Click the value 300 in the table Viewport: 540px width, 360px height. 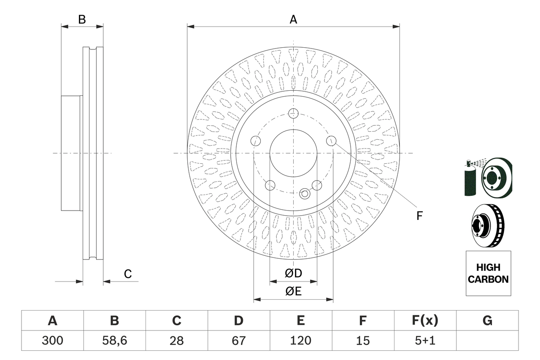click(x=52, y=341)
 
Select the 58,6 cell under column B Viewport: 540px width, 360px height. click(x=114, y=341)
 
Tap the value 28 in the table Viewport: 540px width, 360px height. click(x=176, y=341)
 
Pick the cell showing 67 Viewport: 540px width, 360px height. click(x=238, y=341)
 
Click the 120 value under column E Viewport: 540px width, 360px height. click(x=300, y=341)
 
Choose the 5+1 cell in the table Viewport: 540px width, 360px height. click(x=425, y=341)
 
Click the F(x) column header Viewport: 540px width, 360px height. click(x=425, y=321)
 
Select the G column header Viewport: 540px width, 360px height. click(x=487, y=321)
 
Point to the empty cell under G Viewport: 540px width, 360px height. click(x=487, y=341)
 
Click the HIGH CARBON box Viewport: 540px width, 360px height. click(x=488, y=273)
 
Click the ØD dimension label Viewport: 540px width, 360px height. click(x=293, y=273)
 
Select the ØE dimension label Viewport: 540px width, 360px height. click(x=293, y=292)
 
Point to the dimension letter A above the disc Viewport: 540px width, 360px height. click(x=293, y=19)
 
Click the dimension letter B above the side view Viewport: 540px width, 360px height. click(x=82, y=19)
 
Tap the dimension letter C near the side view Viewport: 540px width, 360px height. click(x=128, y=274)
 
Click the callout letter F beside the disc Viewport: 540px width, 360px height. click(x=419, y=216)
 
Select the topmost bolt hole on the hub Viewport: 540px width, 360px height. click(x=293, y=113)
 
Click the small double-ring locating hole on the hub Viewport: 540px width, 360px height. click(x=305, y=194)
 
